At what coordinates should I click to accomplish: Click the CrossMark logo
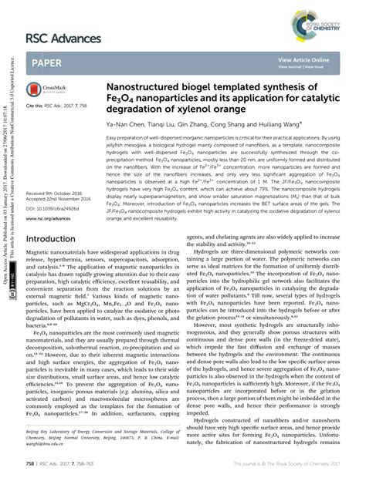point(44,90)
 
